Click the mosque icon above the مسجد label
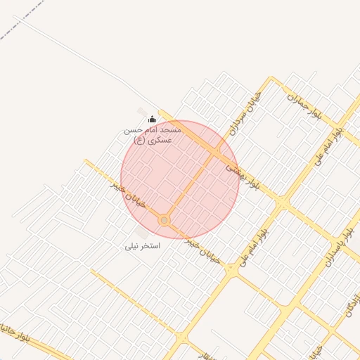click(153, 119)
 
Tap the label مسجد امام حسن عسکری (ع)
click(153, 134)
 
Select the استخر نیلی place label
click(143, 246)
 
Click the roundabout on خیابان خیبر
click(165, 221)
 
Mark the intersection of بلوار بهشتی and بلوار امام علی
click(282, 203)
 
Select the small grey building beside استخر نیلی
click(143, 231)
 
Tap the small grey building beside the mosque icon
click(143, 112)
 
